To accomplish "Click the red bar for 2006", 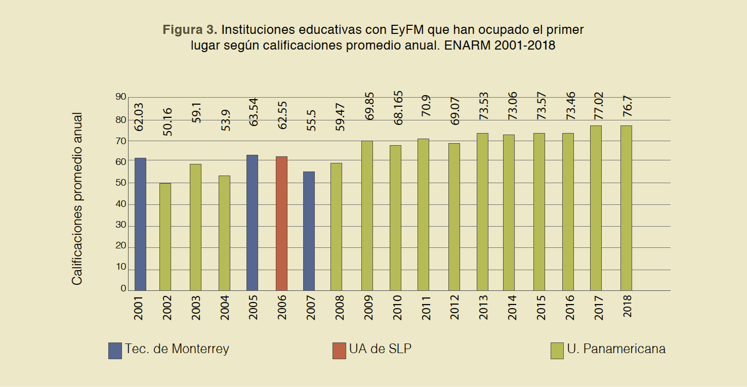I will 281,223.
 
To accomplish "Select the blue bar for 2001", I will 140,224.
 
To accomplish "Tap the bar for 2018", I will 626,208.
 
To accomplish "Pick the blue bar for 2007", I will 309,231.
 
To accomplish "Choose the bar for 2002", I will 165,237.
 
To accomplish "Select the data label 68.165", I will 398,107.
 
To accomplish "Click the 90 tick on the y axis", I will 120,97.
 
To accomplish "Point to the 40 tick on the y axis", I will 120,204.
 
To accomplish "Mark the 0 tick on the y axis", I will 123,288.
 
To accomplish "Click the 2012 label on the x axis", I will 455,307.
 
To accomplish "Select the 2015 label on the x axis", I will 541,307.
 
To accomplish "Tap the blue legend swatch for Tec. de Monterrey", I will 115,351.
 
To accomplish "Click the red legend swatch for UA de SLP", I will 339,351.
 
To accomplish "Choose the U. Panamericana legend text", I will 616,349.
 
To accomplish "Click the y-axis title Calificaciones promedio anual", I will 77,198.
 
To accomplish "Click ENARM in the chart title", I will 468,45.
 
